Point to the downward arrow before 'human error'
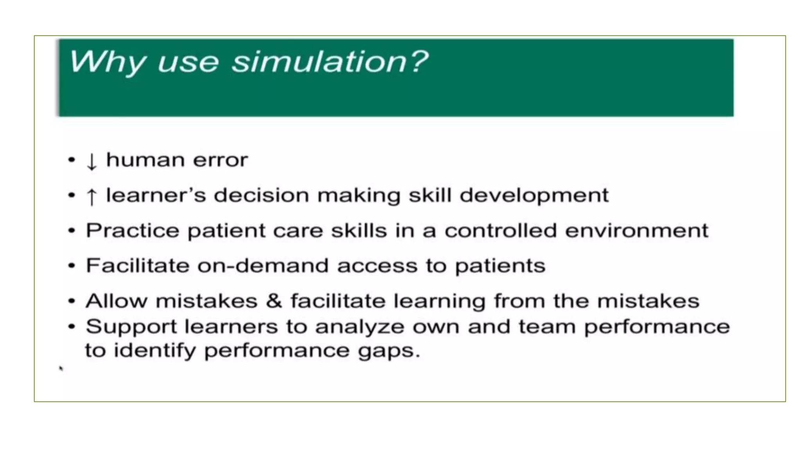click(x=91, y=161)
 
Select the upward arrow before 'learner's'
click(x=91, y=196)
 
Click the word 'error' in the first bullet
click(x=220, y=160)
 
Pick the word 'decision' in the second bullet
click(x=261, y=195)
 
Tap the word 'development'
click(x=534, y=195)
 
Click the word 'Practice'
click(x=132, y=230)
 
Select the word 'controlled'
click(x=500, y=230)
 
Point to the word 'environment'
click(x=636, y=230)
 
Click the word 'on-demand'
click(x=262, y=266)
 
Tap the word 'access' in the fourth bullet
click(x=377, y=266)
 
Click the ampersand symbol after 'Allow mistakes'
click(x=274, y=301)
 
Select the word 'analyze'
click(x=359, y=327)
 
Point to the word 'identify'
click(x=154, y=350)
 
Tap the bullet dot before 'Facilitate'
click(x=71, y=266)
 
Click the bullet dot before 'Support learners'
click(x=71, y=327)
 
